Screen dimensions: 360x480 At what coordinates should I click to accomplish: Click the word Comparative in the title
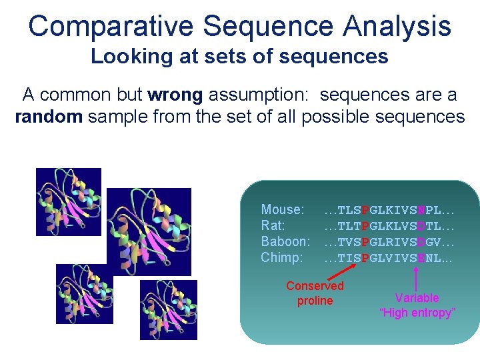pyautogui.click(x=111, y=27)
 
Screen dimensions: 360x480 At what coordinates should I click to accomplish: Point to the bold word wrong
pyautogui.click(x=175, y=95)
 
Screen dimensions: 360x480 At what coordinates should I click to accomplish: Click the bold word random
pyautogui.click(x=49, y=117)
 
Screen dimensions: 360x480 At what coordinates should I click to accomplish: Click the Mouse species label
pyautogui.click(x=282, y=210)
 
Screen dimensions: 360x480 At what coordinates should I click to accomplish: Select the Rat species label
pyautogui.click(x=273, y=226)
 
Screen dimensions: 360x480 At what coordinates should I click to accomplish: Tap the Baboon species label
pyautogui.click(x=285, y=241)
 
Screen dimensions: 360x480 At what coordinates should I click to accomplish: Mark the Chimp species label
pyautogui.click(x=281, y=257)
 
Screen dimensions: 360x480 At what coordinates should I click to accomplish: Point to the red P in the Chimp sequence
pyautogui.click(x=365, y=258)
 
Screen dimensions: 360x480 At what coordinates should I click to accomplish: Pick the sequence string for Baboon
pyautogui.click(x=389, y=242)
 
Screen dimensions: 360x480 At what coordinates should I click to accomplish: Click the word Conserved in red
pyautogui.click(x=315, y=286)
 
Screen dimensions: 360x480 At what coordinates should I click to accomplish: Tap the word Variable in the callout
pyautogui.click(x=417, y=298)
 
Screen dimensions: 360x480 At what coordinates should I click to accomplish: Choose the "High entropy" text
pyautogui.click(x=417, y=313)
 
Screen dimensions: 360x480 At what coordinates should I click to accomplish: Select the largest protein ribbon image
pyautogui.click(x=148, y=231)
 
